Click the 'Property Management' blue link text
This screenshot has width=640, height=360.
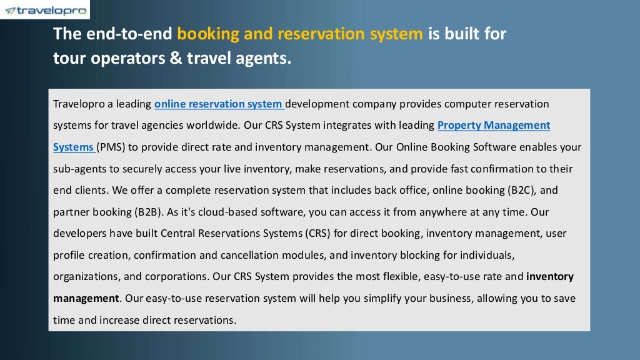[x=493, y=125]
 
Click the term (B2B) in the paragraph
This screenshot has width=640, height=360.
[x=146, y=212]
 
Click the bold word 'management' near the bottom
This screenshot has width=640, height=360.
[x=86, y=298]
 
